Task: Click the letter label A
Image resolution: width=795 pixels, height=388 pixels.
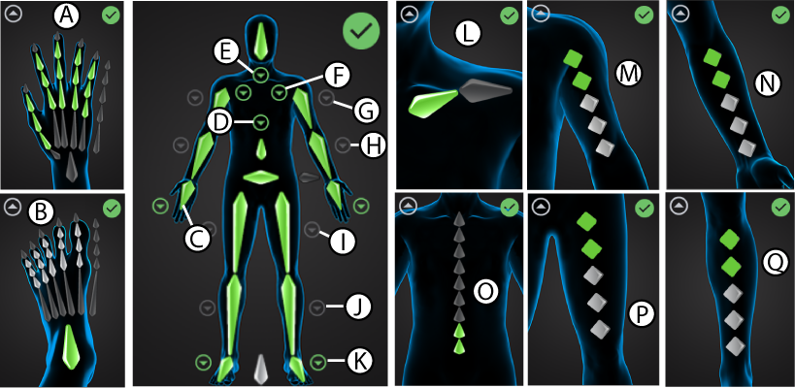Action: [x=66, y=16]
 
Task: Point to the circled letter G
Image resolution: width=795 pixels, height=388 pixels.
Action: [x=365, y=112]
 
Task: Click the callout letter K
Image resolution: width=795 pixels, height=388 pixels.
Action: [x=358, y=362]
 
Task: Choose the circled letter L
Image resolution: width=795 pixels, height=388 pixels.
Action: [x=470, y=36]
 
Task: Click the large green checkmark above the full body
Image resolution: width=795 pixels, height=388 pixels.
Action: [x=361, y=32]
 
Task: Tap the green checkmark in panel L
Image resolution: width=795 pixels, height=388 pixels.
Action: [x=510, y=16]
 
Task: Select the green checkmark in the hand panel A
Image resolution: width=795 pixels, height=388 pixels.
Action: [x=112, y=16]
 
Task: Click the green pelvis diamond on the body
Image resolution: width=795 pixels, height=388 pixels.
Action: [x=261, y=177]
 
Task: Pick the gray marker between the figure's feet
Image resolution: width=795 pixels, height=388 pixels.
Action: [x=260, y=369]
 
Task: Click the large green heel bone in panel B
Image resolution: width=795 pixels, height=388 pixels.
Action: [x=70, y=345]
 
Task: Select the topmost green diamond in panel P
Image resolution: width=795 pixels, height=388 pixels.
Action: [x=585, y=222]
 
